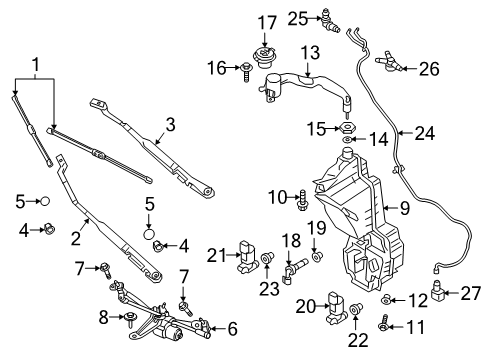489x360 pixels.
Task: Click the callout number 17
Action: click(x=265, y=21)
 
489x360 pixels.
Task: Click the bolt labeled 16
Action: click(x=245, y=70)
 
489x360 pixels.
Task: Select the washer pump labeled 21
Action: click(x=248, y=258)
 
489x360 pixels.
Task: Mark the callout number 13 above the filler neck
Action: click(x=310, y=52)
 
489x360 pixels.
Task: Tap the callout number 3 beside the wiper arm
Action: click(x=170, y=125)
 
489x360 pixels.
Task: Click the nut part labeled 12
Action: click(x=386, y=299)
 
